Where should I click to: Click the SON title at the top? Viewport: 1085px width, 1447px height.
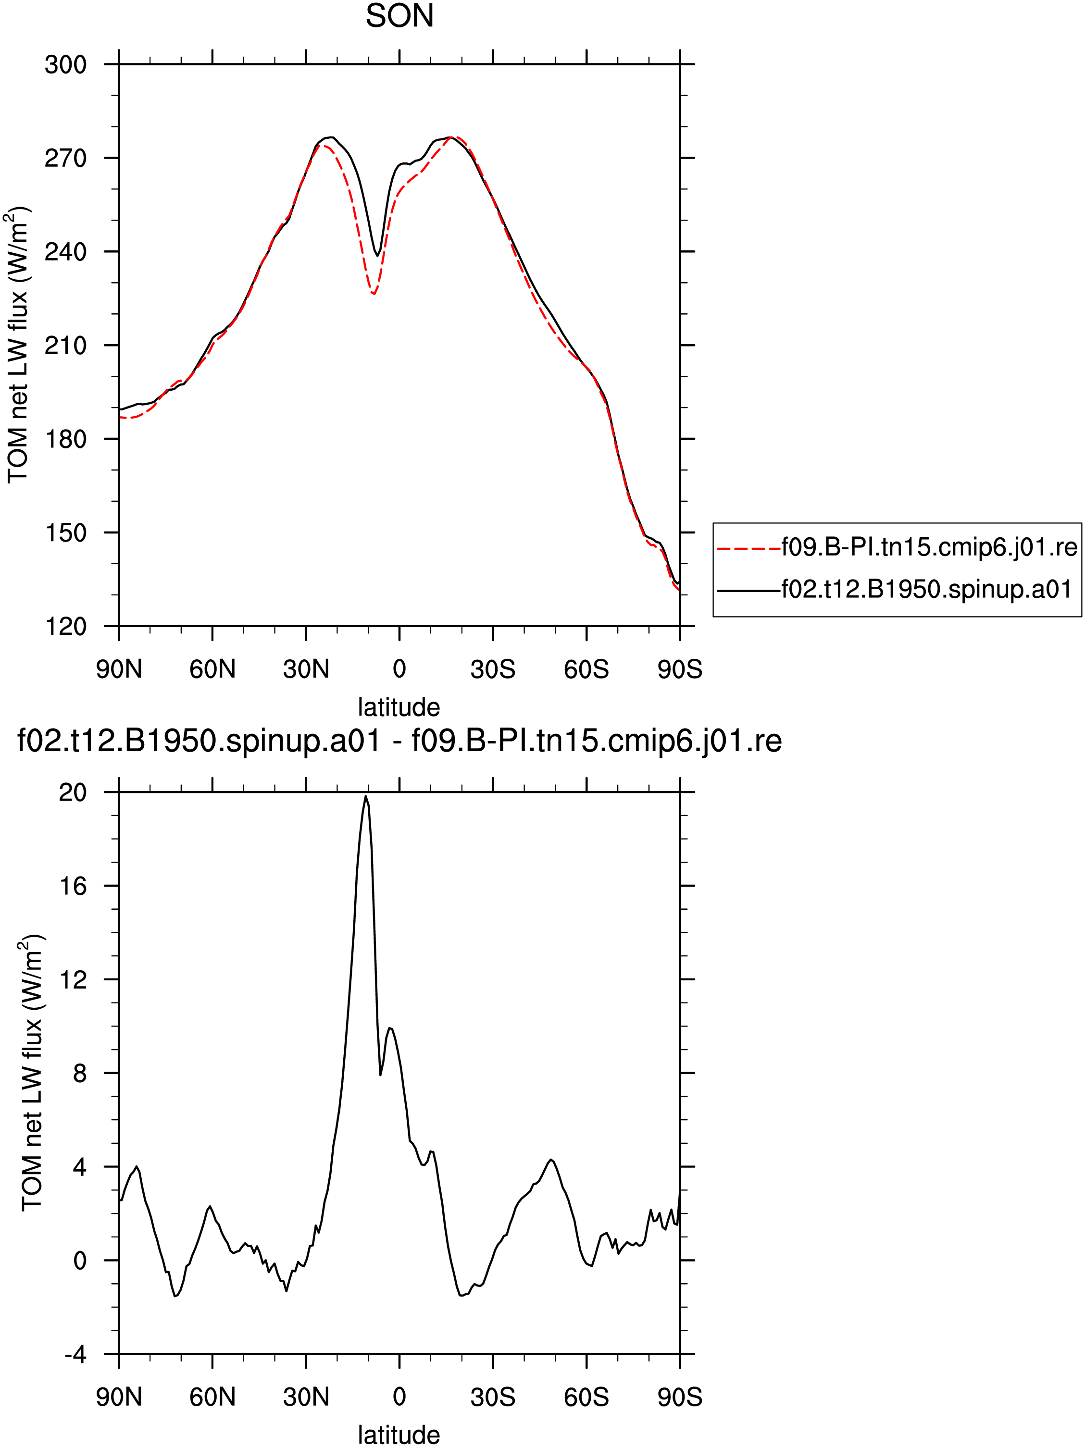pos(399,16)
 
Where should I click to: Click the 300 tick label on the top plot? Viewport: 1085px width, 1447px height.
pos(65,65)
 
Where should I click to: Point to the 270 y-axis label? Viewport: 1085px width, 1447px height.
pos(65,158)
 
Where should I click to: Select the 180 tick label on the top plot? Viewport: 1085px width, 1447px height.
pos(65,439)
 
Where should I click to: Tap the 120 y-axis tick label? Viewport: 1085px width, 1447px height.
pos(65,627)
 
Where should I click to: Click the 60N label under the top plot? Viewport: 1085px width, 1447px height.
pos(212,669)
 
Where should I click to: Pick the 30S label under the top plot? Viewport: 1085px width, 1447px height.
pos(493,669)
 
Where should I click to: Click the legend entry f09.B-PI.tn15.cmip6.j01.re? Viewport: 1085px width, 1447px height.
pos(929,547)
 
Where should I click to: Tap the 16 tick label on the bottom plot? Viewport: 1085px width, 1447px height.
pos(73,886)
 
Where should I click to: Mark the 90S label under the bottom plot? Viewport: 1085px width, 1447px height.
pos(680,1398)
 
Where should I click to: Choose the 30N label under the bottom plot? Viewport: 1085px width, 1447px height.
pos(306,1398)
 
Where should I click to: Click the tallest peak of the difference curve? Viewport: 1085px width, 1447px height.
pos(366,796)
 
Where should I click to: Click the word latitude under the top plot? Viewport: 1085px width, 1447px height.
pos(399,707)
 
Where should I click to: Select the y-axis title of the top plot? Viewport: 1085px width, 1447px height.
pos(18,346)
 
